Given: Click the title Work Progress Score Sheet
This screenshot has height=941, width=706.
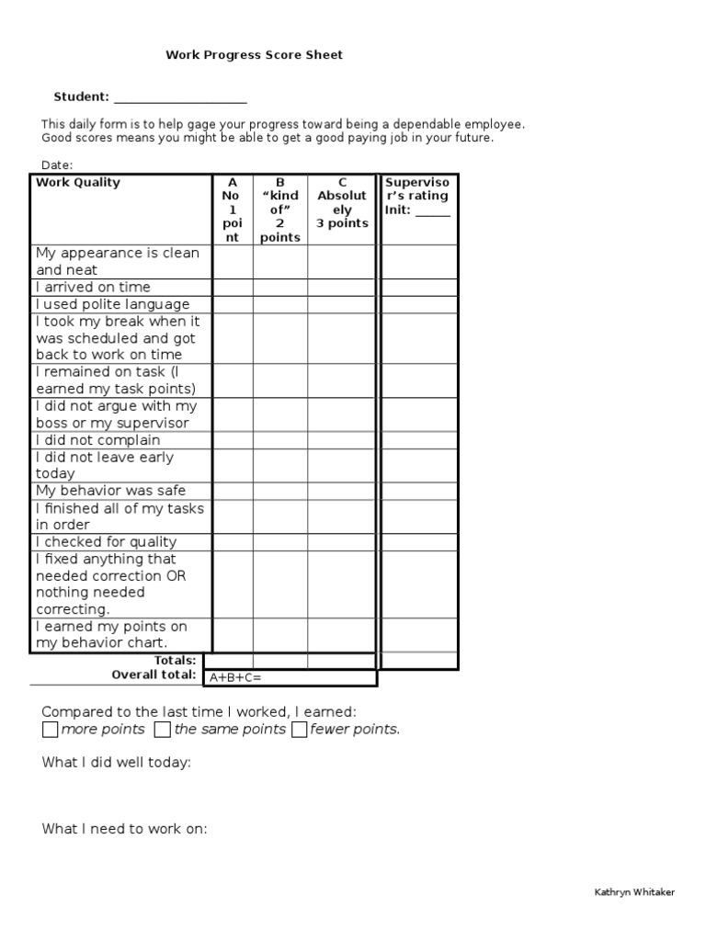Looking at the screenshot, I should [x=254, y=55].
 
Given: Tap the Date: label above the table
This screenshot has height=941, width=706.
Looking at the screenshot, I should [x=57, y=164].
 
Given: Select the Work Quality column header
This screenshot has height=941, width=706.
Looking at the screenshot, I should [x=78, y=183].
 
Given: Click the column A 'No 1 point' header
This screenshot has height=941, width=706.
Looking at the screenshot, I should [x=233, y=210].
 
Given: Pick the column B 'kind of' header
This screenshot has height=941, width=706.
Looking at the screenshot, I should [x=280, y=210].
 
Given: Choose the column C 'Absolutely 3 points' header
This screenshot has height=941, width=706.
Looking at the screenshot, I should [x=342, y=203].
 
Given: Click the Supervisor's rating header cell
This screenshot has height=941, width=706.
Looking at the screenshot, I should [x=418, y=196].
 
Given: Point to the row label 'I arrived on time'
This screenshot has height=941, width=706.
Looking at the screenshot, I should [x=93, y=288].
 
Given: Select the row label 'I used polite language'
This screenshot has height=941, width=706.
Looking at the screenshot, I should [x=112, y=304].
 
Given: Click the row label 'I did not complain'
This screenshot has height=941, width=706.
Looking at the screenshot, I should [x=98, y=440].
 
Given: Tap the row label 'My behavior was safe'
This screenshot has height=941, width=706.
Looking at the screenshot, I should [x=110, y=491].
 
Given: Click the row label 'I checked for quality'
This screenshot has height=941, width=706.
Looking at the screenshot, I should [x=107, y=542].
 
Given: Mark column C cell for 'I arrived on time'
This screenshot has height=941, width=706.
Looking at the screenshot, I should [x=341, y=288].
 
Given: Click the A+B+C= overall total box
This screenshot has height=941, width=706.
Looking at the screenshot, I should [x=290, y=677].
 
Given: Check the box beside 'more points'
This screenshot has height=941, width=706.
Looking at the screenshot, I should [x=50, y=730].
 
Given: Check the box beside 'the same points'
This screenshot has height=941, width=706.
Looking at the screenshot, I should [x=162, y=730].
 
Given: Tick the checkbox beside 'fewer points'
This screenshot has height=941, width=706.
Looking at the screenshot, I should [x=299, y=730].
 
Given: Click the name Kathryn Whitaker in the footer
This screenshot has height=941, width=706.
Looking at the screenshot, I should [x=634, y=893].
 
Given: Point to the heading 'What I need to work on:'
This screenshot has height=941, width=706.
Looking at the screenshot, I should [x=124, y=829].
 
